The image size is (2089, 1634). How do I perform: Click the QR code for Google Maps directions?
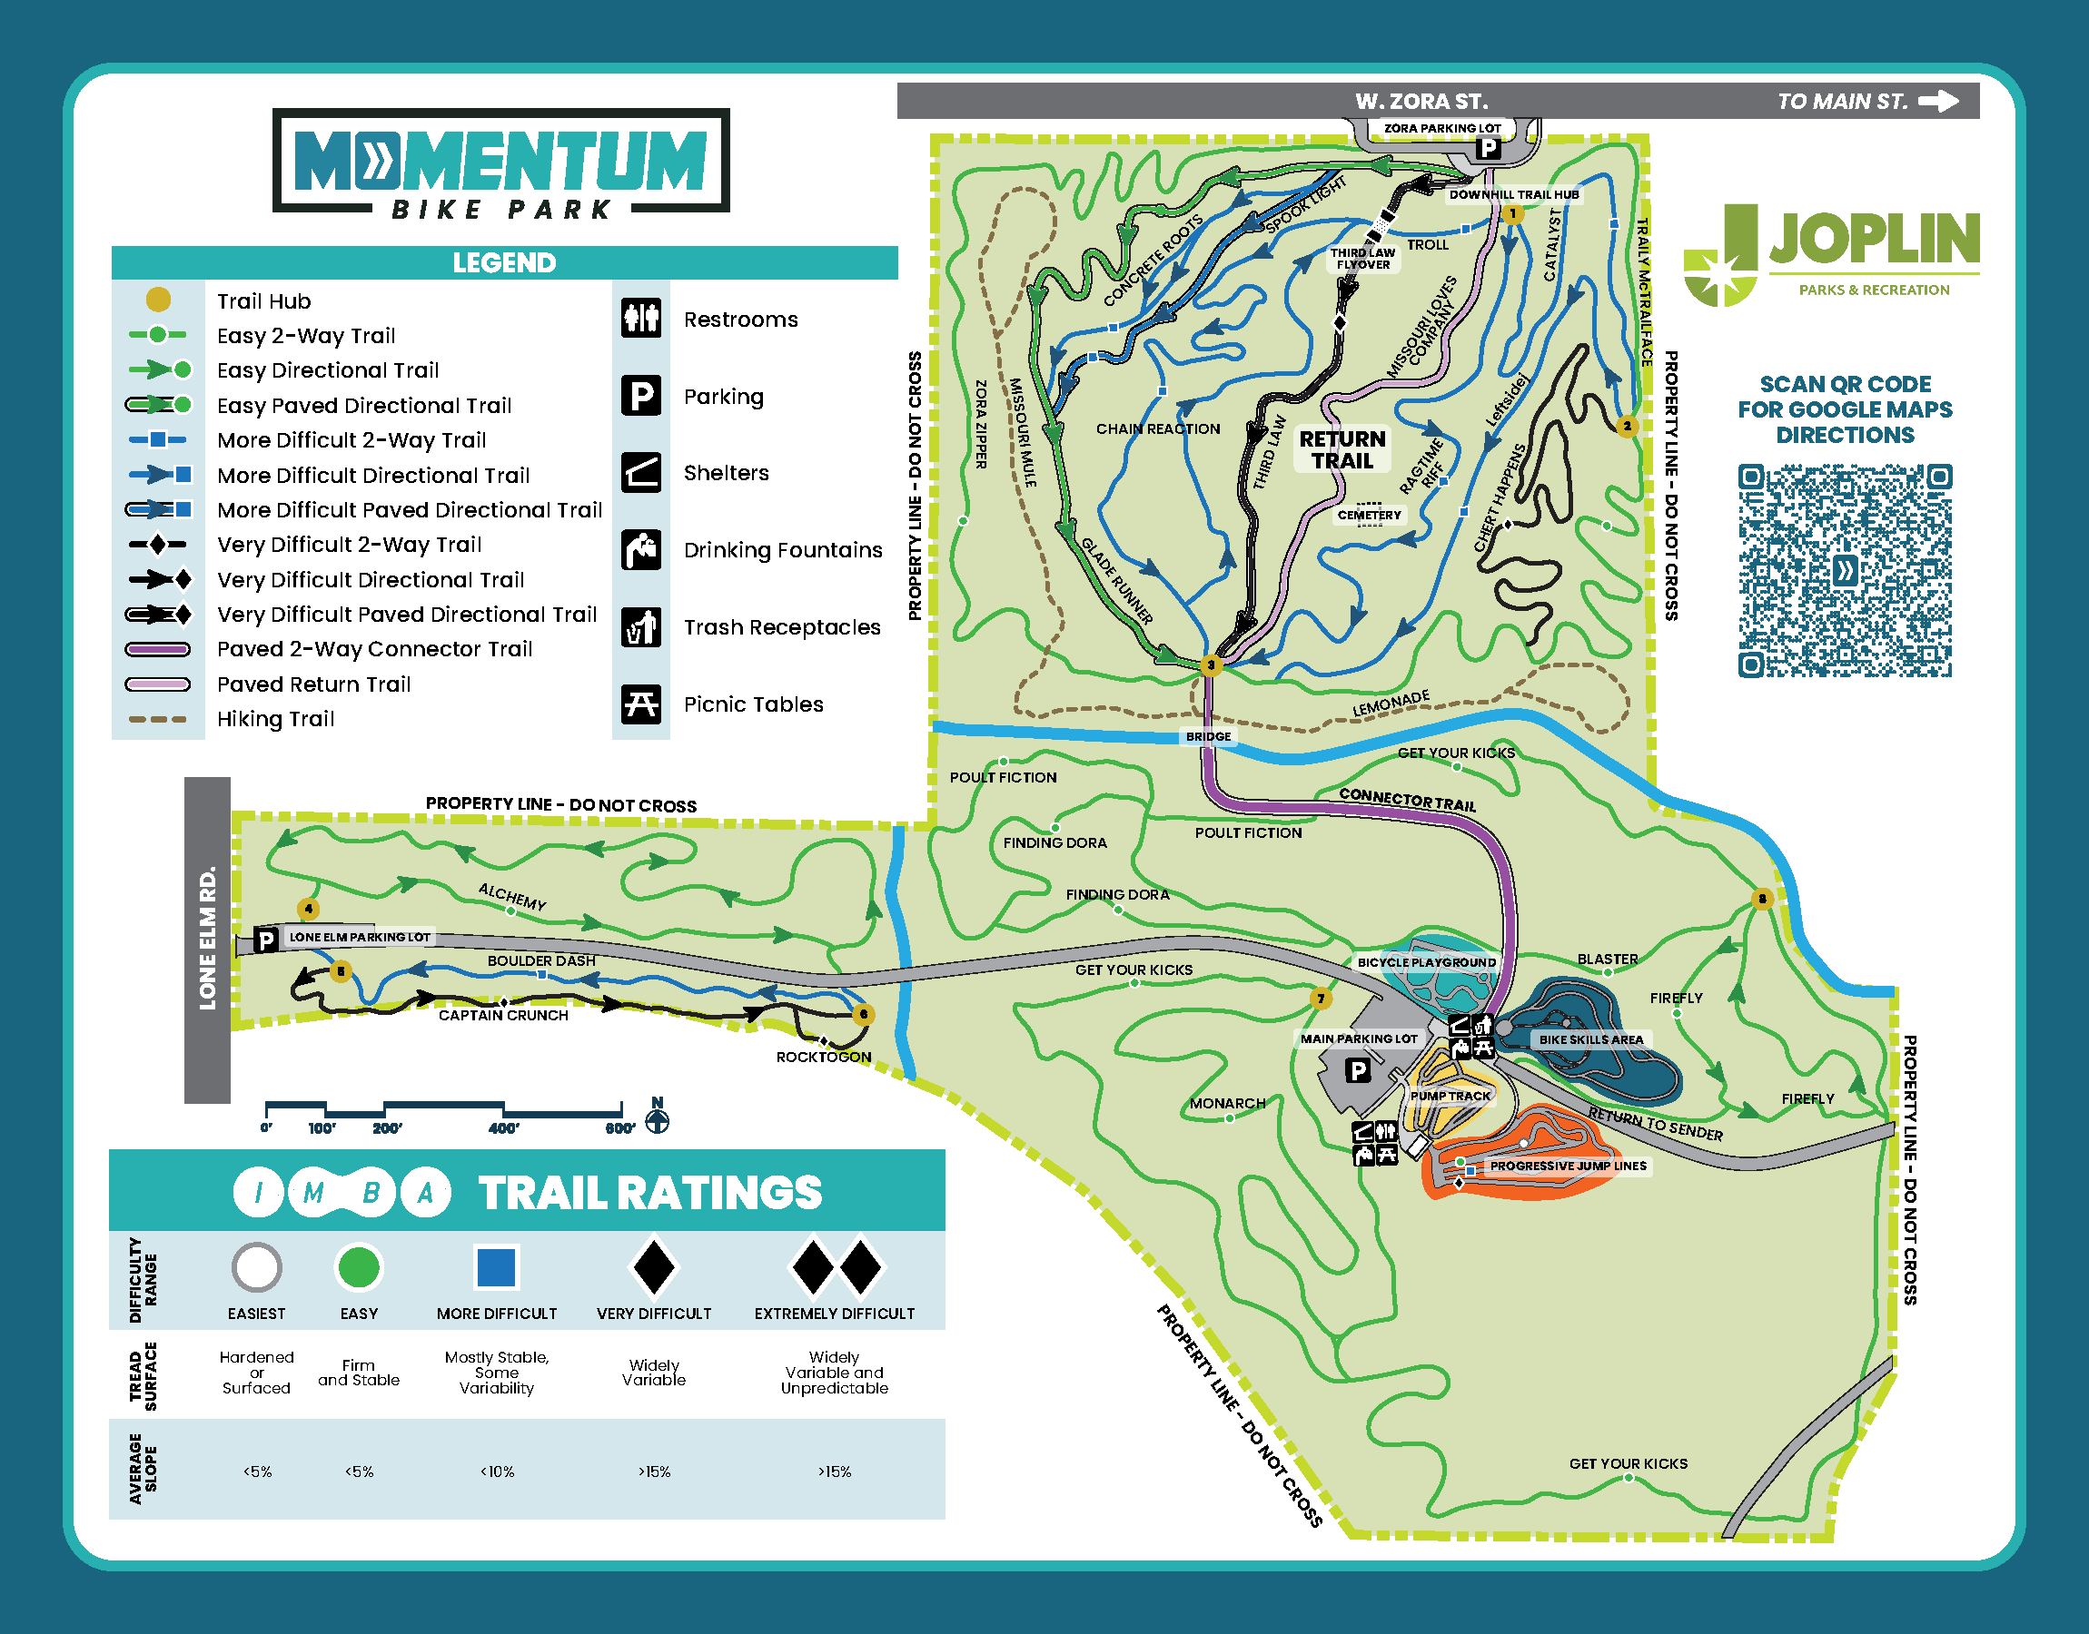(x=1844, y=570)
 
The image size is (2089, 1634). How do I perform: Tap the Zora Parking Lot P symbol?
(x=1487, y=148)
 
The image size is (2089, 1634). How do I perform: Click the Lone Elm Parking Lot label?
(x=360, y=937)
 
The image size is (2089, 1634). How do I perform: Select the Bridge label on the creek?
(x=1208, y=736)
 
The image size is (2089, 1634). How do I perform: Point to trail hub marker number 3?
(x=1211, y=664)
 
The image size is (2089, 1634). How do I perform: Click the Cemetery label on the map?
(x=1369, y=515)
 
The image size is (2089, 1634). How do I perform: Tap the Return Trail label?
(x=1342, y=449)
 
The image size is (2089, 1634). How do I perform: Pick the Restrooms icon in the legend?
(x=641, y=318)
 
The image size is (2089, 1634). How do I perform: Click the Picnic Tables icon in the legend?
(x=641, y=704)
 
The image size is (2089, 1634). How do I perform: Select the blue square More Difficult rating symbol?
(x=497, y=1266)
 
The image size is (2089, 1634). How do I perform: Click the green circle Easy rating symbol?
(x=359, y=1266)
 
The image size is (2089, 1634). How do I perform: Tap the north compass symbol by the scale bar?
(x=658, y=1117)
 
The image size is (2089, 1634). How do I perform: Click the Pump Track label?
(x=1450, y=1096)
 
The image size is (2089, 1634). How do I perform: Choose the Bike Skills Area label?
(x=1590, y=1038)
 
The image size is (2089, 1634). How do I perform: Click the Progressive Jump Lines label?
(x=1568, y=1166)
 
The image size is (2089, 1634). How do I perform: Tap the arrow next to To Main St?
(x=1938, y=101)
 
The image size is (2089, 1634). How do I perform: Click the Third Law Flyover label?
(x=1362, y=259)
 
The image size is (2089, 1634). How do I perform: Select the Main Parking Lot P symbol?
(x=1357, y=1070)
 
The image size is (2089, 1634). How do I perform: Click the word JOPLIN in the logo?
(x=1874, y=238)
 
